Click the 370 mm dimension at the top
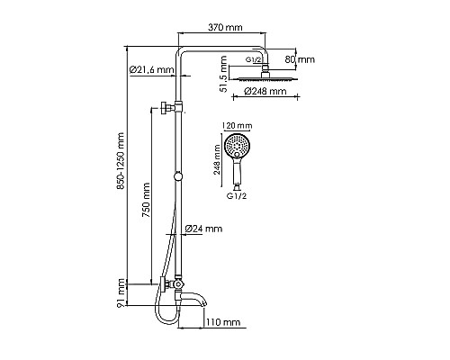(222, 28)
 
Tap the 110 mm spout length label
(223, 321)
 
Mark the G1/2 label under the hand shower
(237, 195)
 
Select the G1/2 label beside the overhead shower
(253, 59)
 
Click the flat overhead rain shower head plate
(266, 84)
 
